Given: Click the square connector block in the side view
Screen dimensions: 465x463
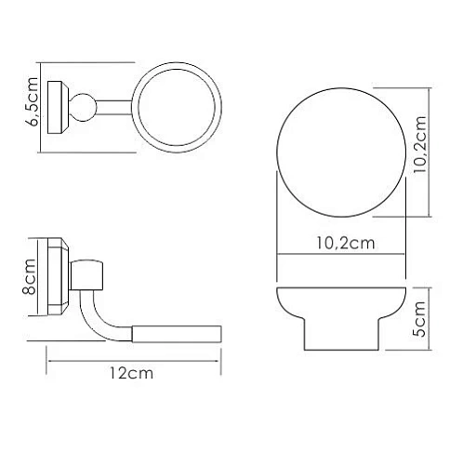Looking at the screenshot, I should pos(90,272).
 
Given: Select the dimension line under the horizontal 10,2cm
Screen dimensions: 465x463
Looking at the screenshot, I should pos(340,256).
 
